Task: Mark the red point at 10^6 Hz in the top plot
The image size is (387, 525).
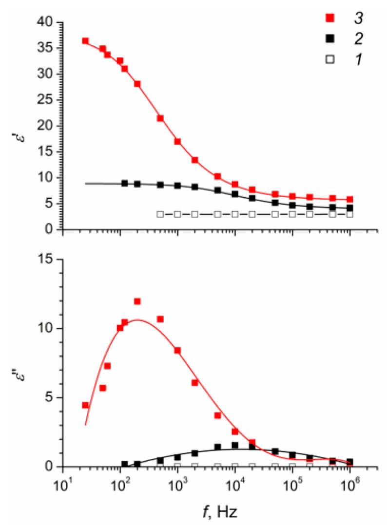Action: [350, 199]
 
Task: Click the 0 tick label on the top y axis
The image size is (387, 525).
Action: [49, 229]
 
